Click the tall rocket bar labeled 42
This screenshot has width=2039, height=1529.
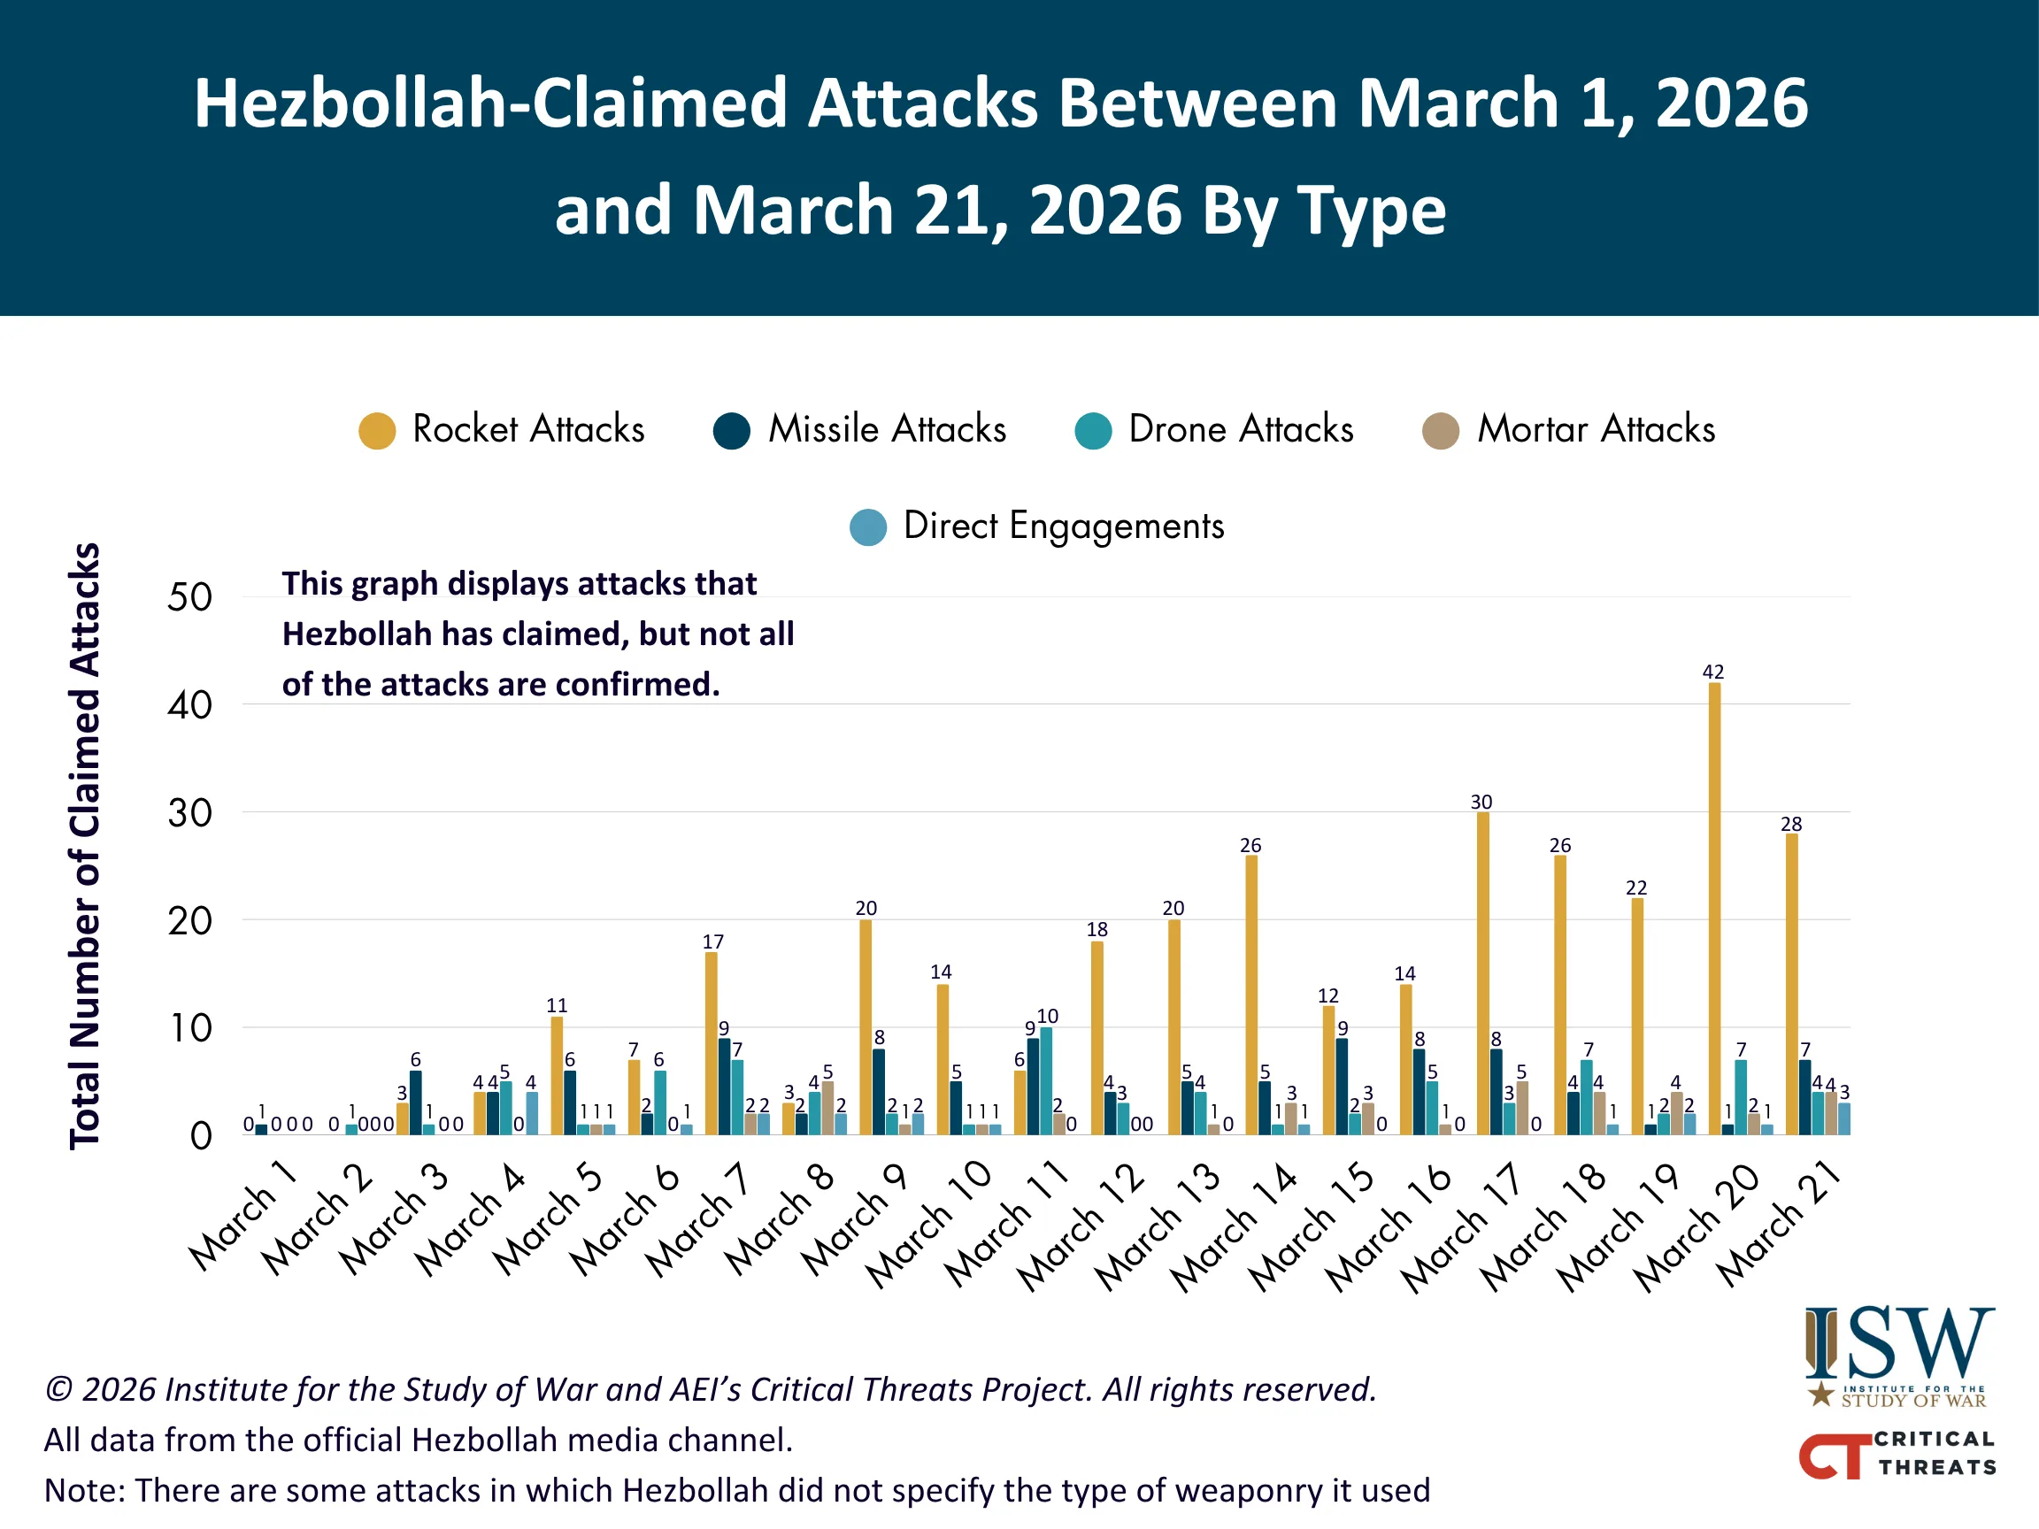tap(1713, 908)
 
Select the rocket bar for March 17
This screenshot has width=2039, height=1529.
tap(1482, 972)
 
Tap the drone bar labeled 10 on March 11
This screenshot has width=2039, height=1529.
tap(1046, 1080)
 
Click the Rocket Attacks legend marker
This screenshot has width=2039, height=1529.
tap(377, 430)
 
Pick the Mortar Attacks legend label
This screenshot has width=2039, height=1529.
tap(1596, 429)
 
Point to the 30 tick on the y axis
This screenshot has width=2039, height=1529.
tap(189, 813)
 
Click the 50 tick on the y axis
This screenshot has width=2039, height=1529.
tap(189, 597)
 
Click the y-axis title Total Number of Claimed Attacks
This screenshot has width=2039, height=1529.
tap(85, 845)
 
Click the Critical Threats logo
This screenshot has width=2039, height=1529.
tap(1897, 1454)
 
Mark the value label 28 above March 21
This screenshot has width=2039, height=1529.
tap(1790, 824)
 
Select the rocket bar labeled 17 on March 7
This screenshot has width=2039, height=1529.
tap(711, 1042)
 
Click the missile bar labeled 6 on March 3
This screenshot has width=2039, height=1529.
tap(416, 1103)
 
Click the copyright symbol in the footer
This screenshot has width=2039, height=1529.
tap(59, 1389)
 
